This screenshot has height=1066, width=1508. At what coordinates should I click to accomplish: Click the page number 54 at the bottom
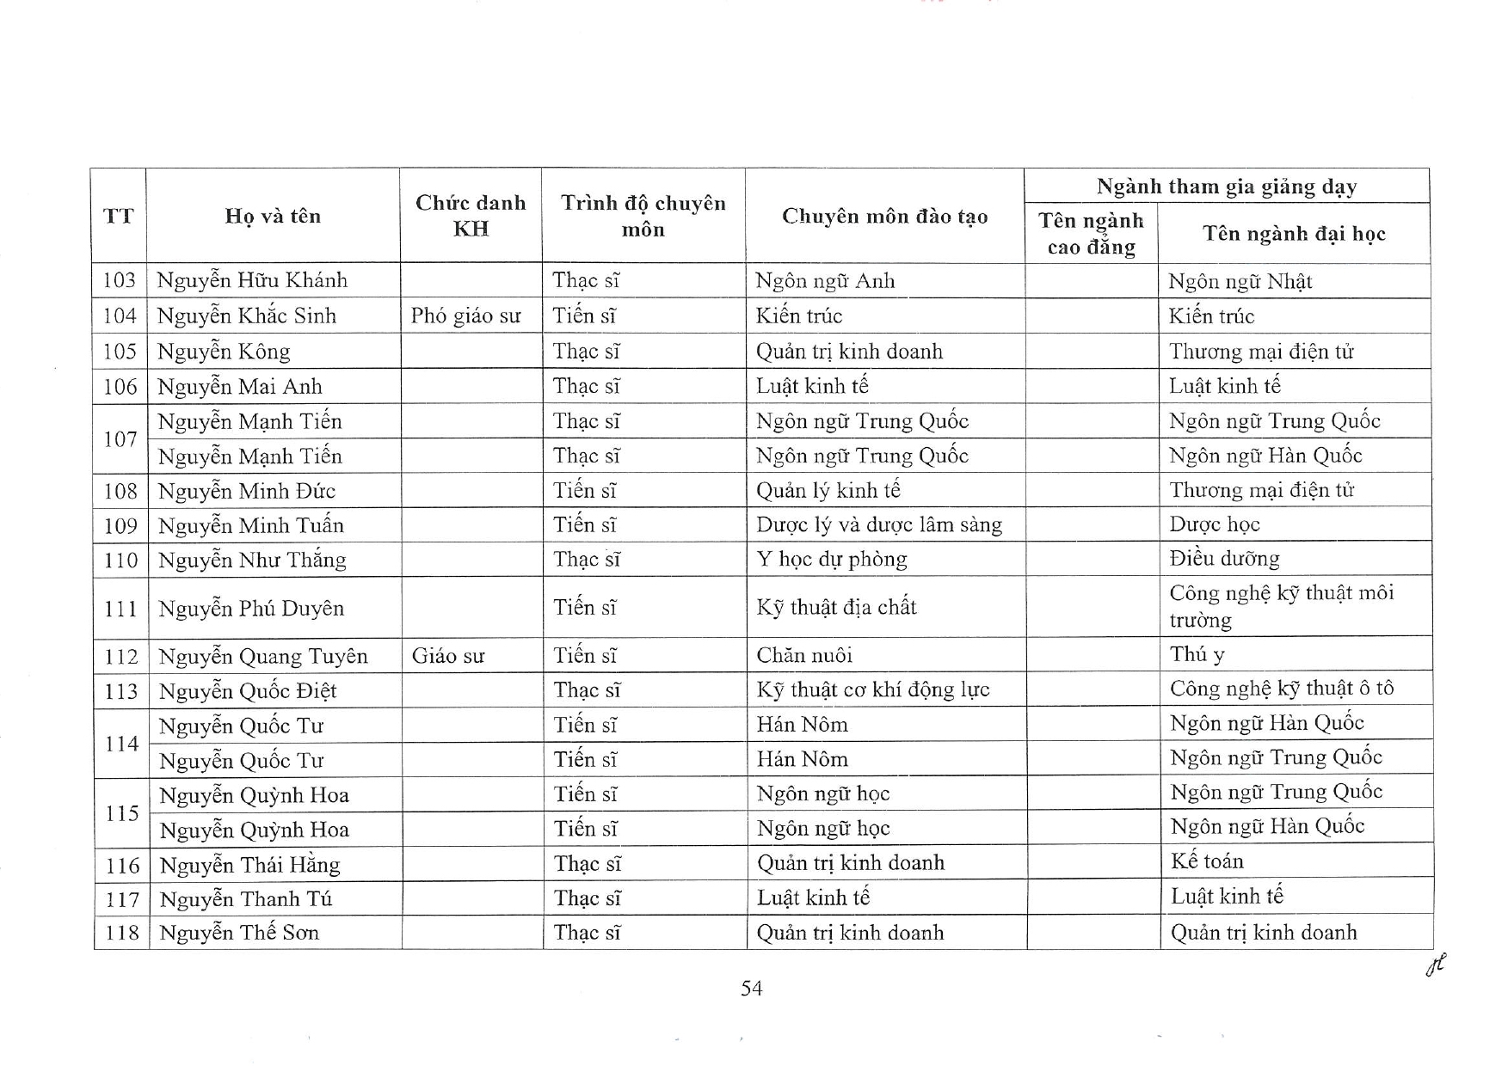[x=751, y=989]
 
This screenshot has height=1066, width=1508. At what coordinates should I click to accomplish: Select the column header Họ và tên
[x=273, y=217]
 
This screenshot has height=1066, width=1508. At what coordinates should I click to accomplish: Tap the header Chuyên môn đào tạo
[x=884, y=217]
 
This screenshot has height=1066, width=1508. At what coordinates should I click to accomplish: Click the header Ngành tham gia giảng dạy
[x=1226, y=187]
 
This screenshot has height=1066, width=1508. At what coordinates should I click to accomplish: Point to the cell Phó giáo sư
[x=465, y=316]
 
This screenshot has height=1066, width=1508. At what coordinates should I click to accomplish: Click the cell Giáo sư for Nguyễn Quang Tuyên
[x=448, y=656]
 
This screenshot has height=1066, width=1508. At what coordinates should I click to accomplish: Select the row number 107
[x=120, y=439]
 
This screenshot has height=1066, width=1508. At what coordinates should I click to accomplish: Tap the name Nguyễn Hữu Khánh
[x=252, y=281]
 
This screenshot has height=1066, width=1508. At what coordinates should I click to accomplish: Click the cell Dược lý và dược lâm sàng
[x=878, y=525]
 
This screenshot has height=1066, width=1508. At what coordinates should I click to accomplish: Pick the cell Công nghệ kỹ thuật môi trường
[x=1281, y=606]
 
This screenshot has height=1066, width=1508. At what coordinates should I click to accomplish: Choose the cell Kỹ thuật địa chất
[x=836, y=608]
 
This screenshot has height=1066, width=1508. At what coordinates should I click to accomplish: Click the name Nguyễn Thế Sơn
[x=239, y=933]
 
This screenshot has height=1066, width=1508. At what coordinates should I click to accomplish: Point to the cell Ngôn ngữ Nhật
[x=1240, y=282]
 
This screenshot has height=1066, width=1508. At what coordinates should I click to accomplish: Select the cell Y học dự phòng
[x=831, y=560]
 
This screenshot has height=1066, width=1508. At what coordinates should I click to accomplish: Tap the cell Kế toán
[x=1207, y=861]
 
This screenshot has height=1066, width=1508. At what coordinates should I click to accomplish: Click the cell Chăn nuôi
[x=804, y=656]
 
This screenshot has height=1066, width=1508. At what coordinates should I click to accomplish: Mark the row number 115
[x=121, y=813]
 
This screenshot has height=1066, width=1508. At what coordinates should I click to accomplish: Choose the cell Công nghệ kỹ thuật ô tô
[x=1281, y=689]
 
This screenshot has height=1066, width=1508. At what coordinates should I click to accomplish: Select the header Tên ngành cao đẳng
[x=1091, y=234]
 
